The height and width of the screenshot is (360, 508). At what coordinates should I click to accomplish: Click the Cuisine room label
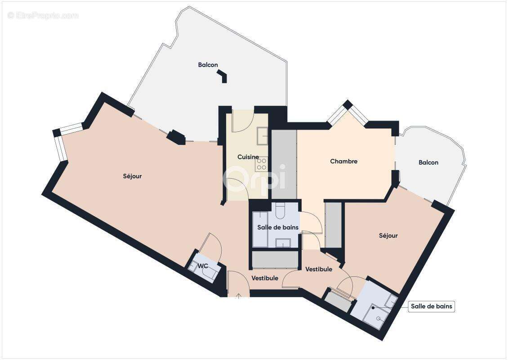tap(248, 157)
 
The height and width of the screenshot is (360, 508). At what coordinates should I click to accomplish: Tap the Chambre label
tap(344, 161)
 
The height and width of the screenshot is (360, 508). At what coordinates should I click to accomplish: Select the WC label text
tap(203, 266)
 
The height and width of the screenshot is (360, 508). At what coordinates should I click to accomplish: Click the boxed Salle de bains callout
tap(431, 306)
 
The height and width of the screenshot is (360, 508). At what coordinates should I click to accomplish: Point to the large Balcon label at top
tap(208, 65)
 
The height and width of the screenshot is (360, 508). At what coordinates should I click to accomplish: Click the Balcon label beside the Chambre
tap(428, 162)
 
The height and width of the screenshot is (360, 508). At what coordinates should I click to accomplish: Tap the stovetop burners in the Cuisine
tap(262, 164)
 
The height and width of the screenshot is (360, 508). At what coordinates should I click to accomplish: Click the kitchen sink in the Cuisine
tap(262, 136)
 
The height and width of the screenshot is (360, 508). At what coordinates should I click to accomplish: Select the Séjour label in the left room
tap(132, 176)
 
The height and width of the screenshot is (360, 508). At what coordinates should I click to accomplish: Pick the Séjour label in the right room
tap(388, 236)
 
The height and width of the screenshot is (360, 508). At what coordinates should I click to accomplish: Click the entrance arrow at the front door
tap(239, 296)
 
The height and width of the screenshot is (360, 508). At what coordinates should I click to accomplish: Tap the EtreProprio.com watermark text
tap(43, 16)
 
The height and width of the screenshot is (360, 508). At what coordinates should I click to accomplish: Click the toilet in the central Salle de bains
tap(280, 210)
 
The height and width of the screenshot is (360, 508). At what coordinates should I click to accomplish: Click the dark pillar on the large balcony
tap(222, 76)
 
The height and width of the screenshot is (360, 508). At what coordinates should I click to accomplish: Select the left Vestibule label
tap(265, 278)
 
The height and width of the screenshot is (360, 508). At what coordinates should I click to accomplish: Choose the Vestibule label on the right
tap(319, 269)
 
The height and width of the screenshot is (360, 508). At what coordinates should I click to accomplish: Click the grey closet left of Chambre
tap(284, 164)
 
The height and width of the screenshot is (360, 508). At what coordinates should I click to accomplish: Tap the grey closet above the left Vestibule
tap(275, 260)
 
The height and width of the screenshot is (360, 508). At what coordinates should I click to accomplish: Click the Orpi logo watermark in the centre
tap(254, 178)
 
